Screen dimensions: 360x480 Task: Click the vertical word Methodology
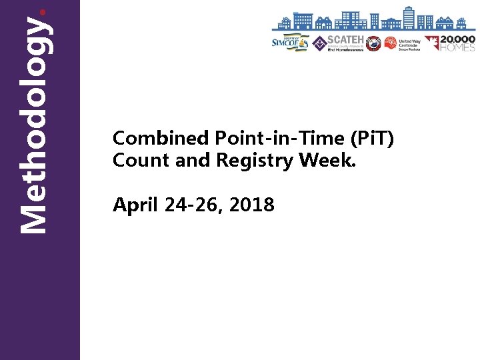[33, 125]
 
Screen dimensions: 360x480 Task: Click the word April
[135, 205]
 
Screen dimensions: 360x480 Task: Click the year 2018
[251, 205]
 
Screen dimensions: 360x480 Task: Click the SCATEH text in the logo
[345, 40]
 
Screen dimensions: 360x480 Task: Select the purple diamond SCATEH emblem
[319, 43]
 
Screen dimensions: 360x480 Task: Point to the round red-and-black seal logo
[373, 43]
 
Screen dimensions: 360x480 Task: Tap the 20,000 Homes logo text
[458, 43]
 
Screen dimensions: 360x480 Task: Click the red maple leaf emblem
[432, 43]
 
